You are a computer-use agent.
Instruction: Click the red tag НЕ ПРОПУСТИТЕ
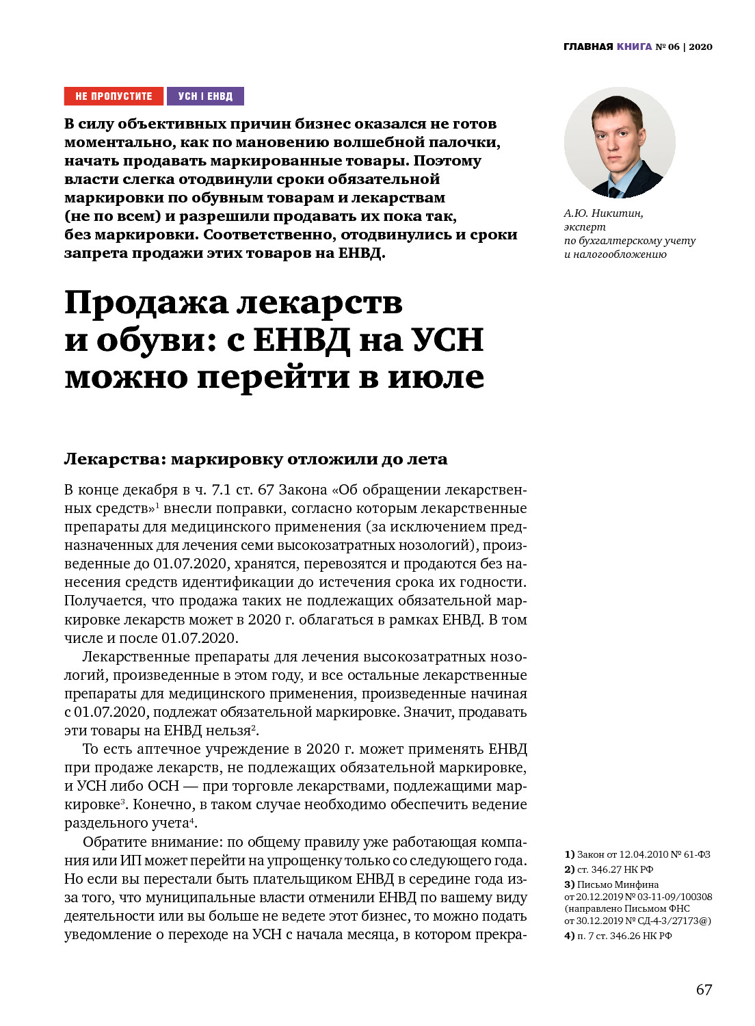point(114,96)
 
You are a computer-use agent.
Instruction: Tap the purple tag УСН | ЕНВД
point(205,96)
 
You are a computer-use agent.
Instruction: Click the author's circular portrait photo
point(620,143)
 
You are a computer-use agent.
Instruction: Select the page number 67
point(704,990)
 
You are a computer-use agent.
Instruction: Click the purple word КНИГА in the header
point(634,47)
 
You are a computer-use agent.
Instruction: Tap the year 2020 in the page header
point(700,47)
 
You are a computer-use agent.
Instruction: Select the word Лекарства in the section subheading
point(111,459)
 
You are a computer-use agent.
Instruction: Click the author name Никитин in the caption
point(617,213)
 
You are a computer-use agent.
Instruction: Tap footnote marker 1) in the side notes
point(570,854)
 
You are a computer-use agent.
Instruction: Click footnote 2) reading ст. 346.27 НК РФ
point(609,869)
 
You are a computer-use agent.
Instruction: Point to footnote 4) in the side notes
point(570,936)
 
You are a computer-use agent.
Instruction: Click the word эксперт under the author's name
point(585,227)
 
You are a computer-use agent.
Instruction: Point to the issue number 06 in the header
point(674,47)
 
